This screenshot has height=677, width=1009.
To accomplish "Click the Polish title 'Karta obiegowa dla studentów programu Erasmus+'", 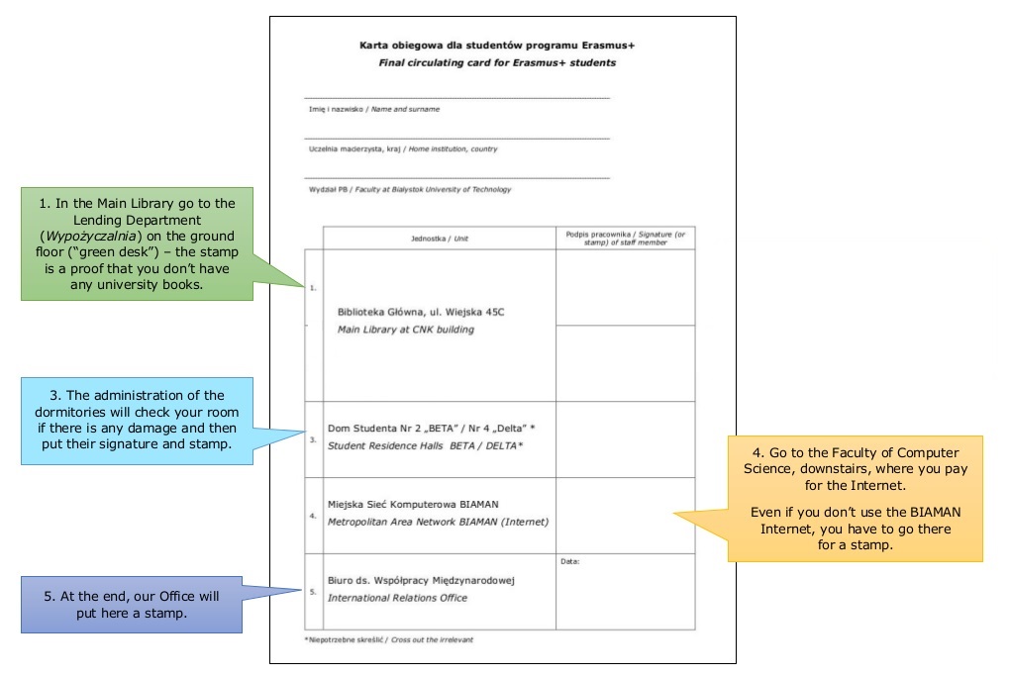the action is point(497,45).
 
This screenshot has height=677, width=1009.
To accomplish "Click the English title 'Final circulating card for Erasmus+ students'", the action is point(497,62).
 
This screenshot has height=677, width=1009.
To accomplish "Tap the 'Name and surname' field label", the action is point(405,109).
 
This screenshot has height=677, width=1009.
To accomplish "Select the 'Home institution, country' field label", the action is point(454,149).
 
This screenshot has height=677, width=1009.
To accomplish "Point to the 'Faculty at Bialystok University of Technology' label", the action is point(433,190).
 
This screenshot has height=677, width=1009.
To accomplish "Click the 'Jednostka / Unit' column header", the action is point(440,239).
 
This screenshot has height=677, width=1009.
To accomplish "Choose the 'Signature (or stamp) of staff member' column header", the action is point(626,239).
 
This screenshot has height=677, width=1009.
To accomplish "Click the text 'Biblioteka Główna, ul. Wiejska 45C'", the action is point(421,312).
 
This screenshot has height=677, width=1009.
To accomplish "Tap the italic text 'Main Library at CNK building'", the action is point(406,330).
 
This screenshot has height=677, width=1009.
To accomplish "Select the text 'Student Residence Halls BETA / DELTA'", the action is point(426,445).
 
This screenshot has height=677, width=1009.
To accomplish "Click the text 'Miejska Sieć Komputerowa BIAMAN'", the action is point(413,504).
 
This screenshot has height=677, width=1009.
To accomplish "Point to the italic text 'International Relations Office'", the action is point(398,598).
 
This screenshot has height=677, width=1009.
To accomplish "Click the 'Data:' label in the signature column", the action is point(570,561).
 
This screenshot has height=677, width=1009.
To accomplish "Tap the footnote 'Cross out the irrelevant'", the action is point(432,639).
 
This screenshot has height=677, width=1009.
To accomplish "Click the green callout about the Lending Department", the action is point(137,243).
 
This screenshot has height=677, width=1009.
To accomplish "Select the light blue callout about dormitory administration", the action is point(137,421).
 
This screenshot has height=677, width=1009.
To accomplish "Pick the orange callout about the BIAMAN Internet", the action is point(856,499).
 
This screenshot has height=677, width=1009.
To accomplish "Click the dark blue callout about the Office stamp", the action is point(132,605).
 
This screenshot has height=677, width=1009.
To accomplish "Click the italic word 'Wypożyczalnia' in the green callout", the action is point(91,236).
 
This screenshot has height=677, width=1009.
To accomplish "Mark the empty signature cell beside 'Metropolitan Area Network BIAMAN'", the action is point(626,516).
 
